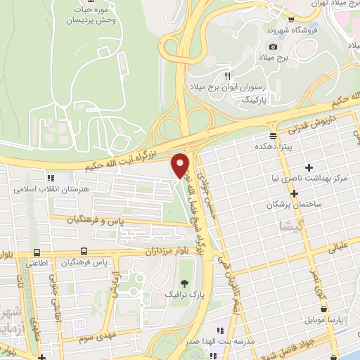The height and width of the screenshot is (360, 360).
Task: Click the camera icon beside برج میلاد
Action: point(272,46)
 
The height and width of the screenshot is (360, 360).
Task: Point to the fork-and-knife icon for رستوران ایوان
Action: point(226,75)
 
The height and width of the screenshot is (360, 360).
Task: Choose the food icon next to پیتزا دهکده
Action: point(272,136)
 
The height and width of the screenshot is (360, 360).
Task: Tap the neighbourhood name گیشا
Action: point(271,226)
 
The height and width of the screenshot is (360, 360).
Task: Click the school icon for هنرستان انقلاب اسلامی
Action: point(49,178)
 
